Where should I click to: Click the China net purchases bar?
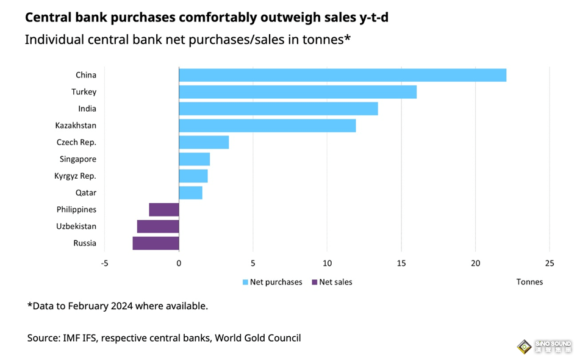click(342, 75)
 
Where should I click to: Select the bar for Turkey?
click(298, 92)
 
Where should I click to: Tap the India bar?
click(278, 109)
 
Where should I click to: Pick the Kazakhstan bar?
click(267, 126)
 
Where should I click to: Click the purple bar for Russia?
click(156, 243)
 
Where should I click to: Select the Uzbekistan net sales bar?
click(158, 226)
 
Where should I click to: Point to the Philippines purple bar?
click(163, 209)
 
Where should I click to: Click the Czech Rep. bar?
click(204, 142)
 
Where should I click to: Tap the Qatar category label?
click(85, 193)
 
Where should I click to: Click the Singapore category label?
click(78, 159)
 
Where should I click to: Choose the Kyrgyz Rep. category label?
click(76, 176)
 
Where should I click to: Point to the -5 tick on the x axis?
click(104, 264)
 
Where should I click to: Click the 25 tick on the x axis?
click(549, 264)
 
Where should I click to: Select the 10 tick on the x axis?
click(327, 264)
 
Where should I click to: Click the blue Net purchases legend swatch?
click(246, 282)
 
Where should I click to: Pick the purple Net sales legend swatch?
click(315, 282)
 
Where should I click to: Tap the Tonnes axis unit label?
click(529, 282)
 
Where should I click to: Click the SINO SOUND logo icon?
click(523, 347)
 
